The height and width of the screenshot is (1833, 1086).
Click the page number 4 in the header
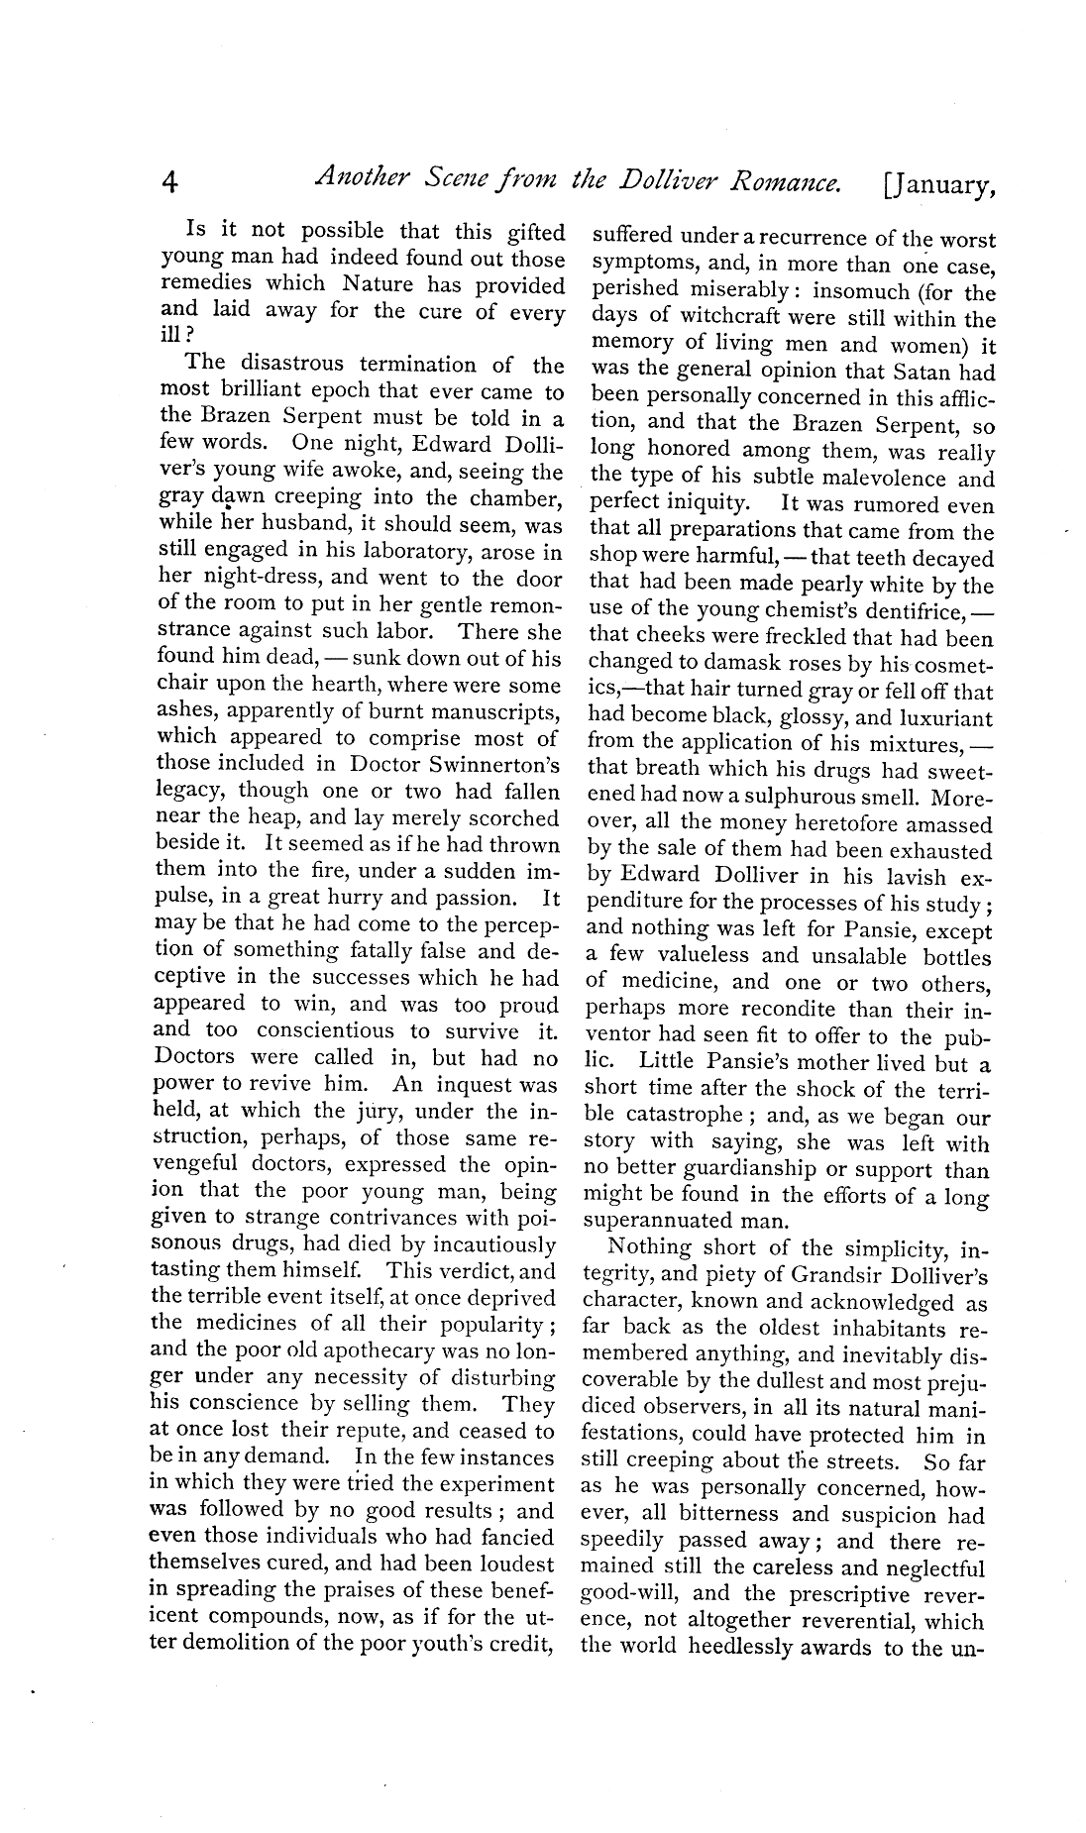(169, 182)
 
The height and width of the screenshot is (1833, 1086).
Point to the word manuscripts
(494, 710)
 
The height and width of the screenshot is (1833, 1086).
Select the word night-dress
(246, 579)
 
